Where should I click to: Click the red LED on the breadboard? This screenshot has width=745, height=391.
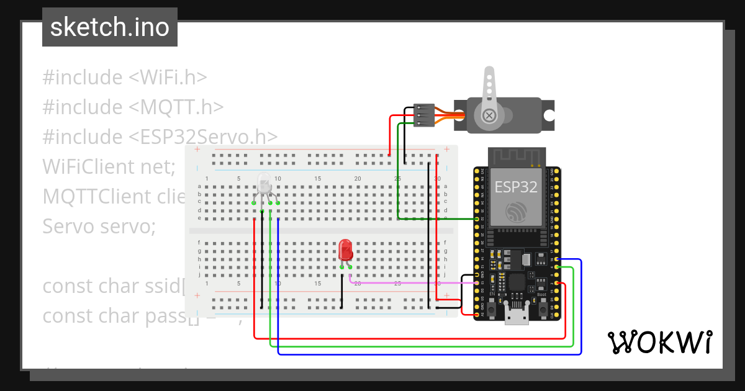click(x=345, y=251)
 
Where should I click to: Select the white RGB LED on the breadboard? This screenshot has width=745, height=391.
click(x=264, y=184)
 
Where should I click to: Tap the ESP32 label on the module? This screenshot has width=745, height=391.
click(x=515, y=187)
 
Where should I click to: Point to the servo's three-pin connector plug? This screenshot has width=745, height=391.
click(x=424, y=115)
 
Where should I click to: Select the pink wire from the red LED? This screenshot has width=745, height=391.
click(x=410, y=282)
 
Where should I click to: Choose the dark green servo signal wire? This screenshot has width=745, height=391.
click(x=435, y=218)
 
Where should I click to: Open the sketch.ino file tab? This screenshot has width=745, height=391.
click(x=110, y=27)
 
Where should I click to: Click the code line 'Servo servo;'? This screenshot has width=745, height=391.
click(x=99, y=227)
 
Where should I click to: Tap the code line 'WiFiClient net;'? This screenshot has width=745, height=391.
click(x=109, y=167)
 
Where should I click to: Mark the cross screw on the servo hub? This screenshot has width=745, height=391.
click(x=490, y=115)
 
